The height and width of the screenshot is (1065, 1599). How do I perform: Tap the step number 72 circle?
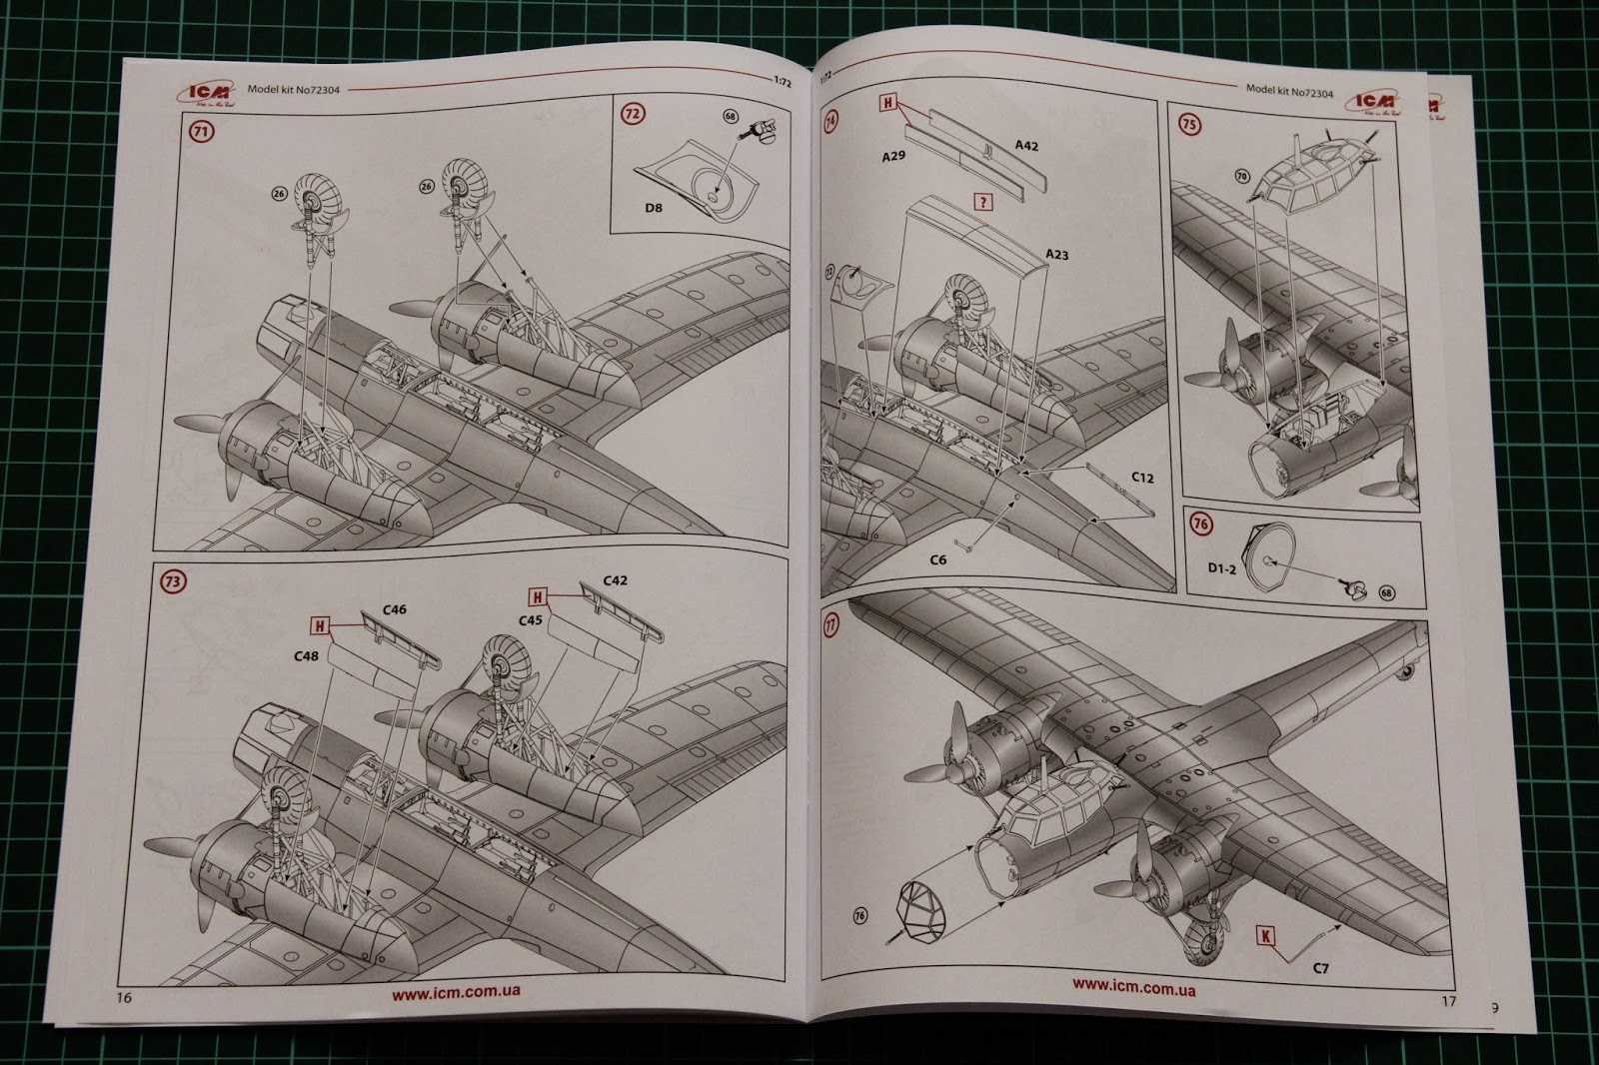(x=632, y=113)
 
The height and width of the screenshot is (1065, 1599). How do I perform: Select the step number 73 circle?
(x=174, y=581)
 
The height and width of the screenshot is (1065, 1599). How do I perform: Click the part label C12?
(x=1143, y=478)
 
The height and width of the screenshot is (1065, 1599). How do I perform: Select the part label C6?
(x=936, y=559)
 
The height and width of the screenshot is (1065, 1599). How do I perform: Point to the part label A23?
(x=1056, y=255)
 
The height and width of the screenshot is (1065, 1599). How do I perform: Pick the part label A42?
(x=1026, y=146)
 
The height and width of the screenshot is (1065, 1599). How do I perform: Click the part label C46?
(x=394, y=609)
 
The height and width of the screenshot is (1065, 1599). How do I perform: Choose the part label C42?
(x=615, y=580)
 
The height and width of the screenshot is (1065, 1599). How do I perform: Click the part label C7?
(x=1320, y=968)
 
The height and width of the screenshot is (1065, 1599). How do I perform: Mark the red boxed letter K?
(x=1267, y=936)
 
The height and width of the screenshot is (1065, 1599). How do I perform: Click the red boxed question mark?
(x=984, y=202)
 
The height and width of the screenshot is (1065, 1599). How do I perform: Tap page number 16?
(x=124, y=997)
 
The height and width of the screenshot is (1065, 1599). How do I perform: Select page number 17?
(x=1449, y=1000)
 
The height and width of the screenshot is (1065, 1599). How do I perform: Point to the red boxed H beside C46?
(x=320, y=626)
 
